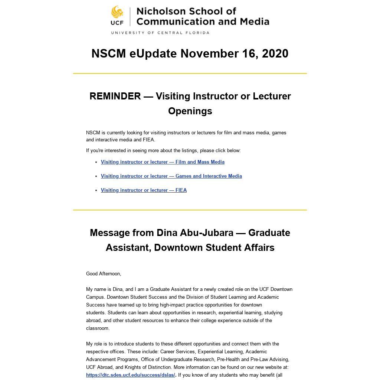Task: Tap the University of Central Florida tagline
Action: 160,33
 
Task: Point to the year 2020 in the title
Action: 275,53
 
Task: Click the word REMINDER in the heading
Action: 115,96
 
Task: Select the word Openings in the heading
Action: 190,111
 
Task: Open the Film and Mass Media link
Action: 163,162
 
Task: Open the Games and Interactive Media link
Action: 171,176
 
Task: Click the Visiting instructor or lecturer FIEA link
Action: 144,190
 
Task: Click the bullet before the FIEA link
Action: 96,190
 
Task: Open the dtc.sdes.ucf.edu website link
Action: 130,375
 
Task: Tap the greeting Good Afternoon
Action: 104,274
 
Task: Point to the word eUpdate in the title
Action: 153,53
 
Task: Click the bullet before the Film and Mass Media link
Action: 96,162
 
